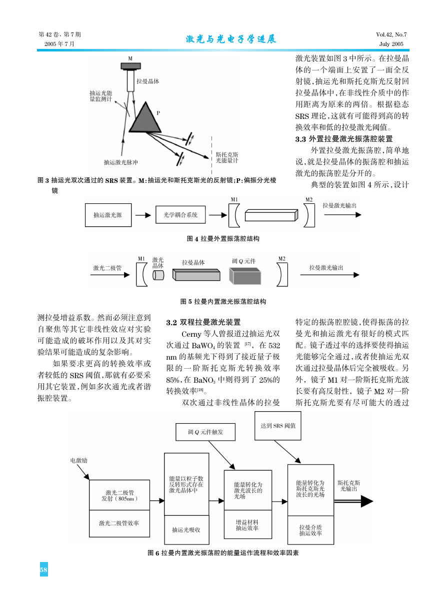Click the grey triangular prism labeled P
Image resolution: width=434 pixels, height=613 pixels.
pos(145,119)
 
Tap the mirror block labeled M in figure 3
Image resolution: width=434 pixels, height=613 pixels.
pos(130,66)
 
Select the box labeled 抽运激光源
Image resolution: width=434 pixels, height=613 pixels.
pos(108,215)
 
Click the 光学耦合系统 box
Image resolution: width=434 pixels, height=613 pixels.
pos(180,214)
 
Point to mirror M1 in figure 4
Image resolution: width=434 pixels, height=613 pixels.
pos(233,215)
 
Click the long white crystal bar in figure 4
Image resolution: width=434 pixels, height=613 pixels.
pos(271,215)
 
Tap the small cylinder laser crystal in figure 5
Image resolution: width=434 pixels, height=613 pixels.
pos(158,275)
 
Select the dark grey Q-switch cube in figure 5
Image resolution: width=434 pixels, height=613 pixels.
pos(245,276)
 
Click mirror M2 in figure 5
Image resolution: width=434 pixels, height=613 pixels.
pos(282,274)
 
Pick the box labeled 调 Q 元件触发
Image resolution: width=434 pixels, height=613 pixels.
pos(205,432)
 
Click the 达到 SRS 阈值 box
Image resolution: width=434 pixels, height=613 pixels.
pos(278,426)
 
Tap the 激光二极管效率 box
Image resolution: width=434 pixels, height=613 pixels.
pos(119,523)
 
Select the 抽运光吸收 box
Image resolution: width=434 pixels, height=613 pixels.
pos(186,530)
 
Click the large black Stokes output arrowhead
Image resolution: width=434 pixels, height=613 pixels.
pos(367,502)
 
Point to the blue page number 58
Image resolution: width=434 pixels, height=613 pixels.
pos(44,570)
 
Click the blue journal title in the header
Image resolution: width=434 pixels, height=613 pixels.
pos(231,39)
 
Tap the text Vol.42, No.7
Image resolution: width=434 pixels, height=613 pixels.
pos(391,34)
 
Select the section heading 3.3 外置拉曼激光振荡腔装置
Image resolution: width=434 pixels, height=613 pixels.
pos(344,139)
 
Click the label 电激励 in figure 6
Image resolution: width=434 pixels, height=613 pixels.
pos(79,460)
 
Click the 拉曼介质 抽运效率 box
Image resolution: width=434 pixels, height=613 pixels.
pos(311,530)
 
